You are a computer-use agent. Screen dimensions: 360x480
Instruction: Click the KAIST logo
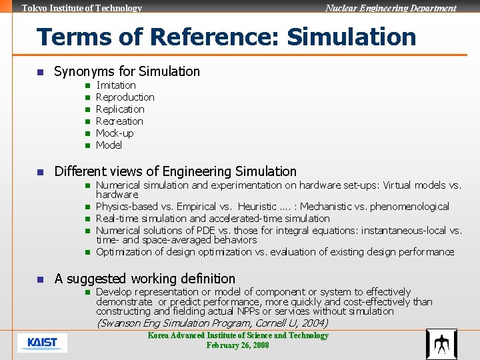[42, 343]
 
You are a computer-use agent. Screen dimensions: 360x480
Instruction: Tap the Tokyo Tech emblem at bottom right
[441, 344]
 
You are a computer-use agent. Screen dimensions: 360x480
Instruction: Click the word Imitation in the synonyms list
[116, 85]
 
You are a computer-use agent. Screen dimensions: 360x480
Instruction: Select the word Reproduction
[125, 97]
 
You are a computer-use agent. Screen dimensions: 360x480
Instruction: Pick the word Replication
[120, 109]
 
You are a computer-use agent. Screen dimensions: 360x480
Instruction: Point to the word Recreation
[119, 121]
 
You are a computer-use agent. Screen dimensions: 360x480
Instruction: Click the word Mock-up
[115, 133]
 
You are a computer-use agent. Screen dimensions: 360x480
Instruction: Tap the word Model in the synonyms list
[109, 145]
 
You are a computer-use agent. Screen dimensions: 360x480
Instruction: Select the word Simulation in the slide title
[351, 37]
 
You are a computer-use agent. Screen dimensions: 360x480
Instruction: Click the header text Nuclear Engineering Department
[391, 8]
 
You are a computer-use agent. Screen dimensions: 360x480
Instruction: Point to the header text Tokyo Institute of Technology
[82, 8]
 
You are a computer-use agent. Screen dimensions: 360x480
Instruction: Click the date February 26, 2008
[237, 345]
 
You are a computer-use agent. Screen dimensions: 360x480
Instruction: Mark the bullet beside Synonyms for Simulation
[40, 71]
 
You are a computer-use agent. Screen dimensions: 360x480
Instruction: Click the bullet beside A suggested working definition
[40, 279]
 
